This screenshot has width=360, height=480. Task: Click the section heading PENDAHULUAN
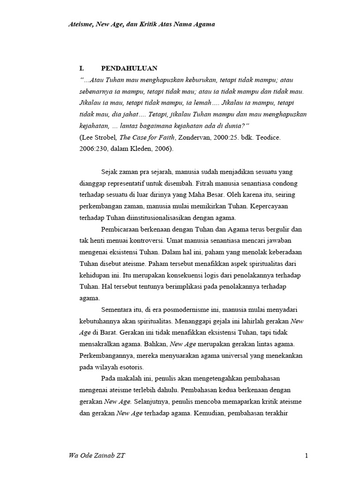(x=129, y=68)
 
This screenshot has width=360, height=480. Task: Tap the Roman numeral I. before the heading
(x=81, y=68)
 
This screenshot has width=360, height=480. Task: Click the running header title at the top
(x=142, y=24)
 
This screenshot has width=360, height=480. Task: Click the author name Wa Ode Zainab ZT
(x=97, y=456)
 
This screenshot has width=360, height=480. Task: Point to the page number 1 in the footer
(x=306, y=456)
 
